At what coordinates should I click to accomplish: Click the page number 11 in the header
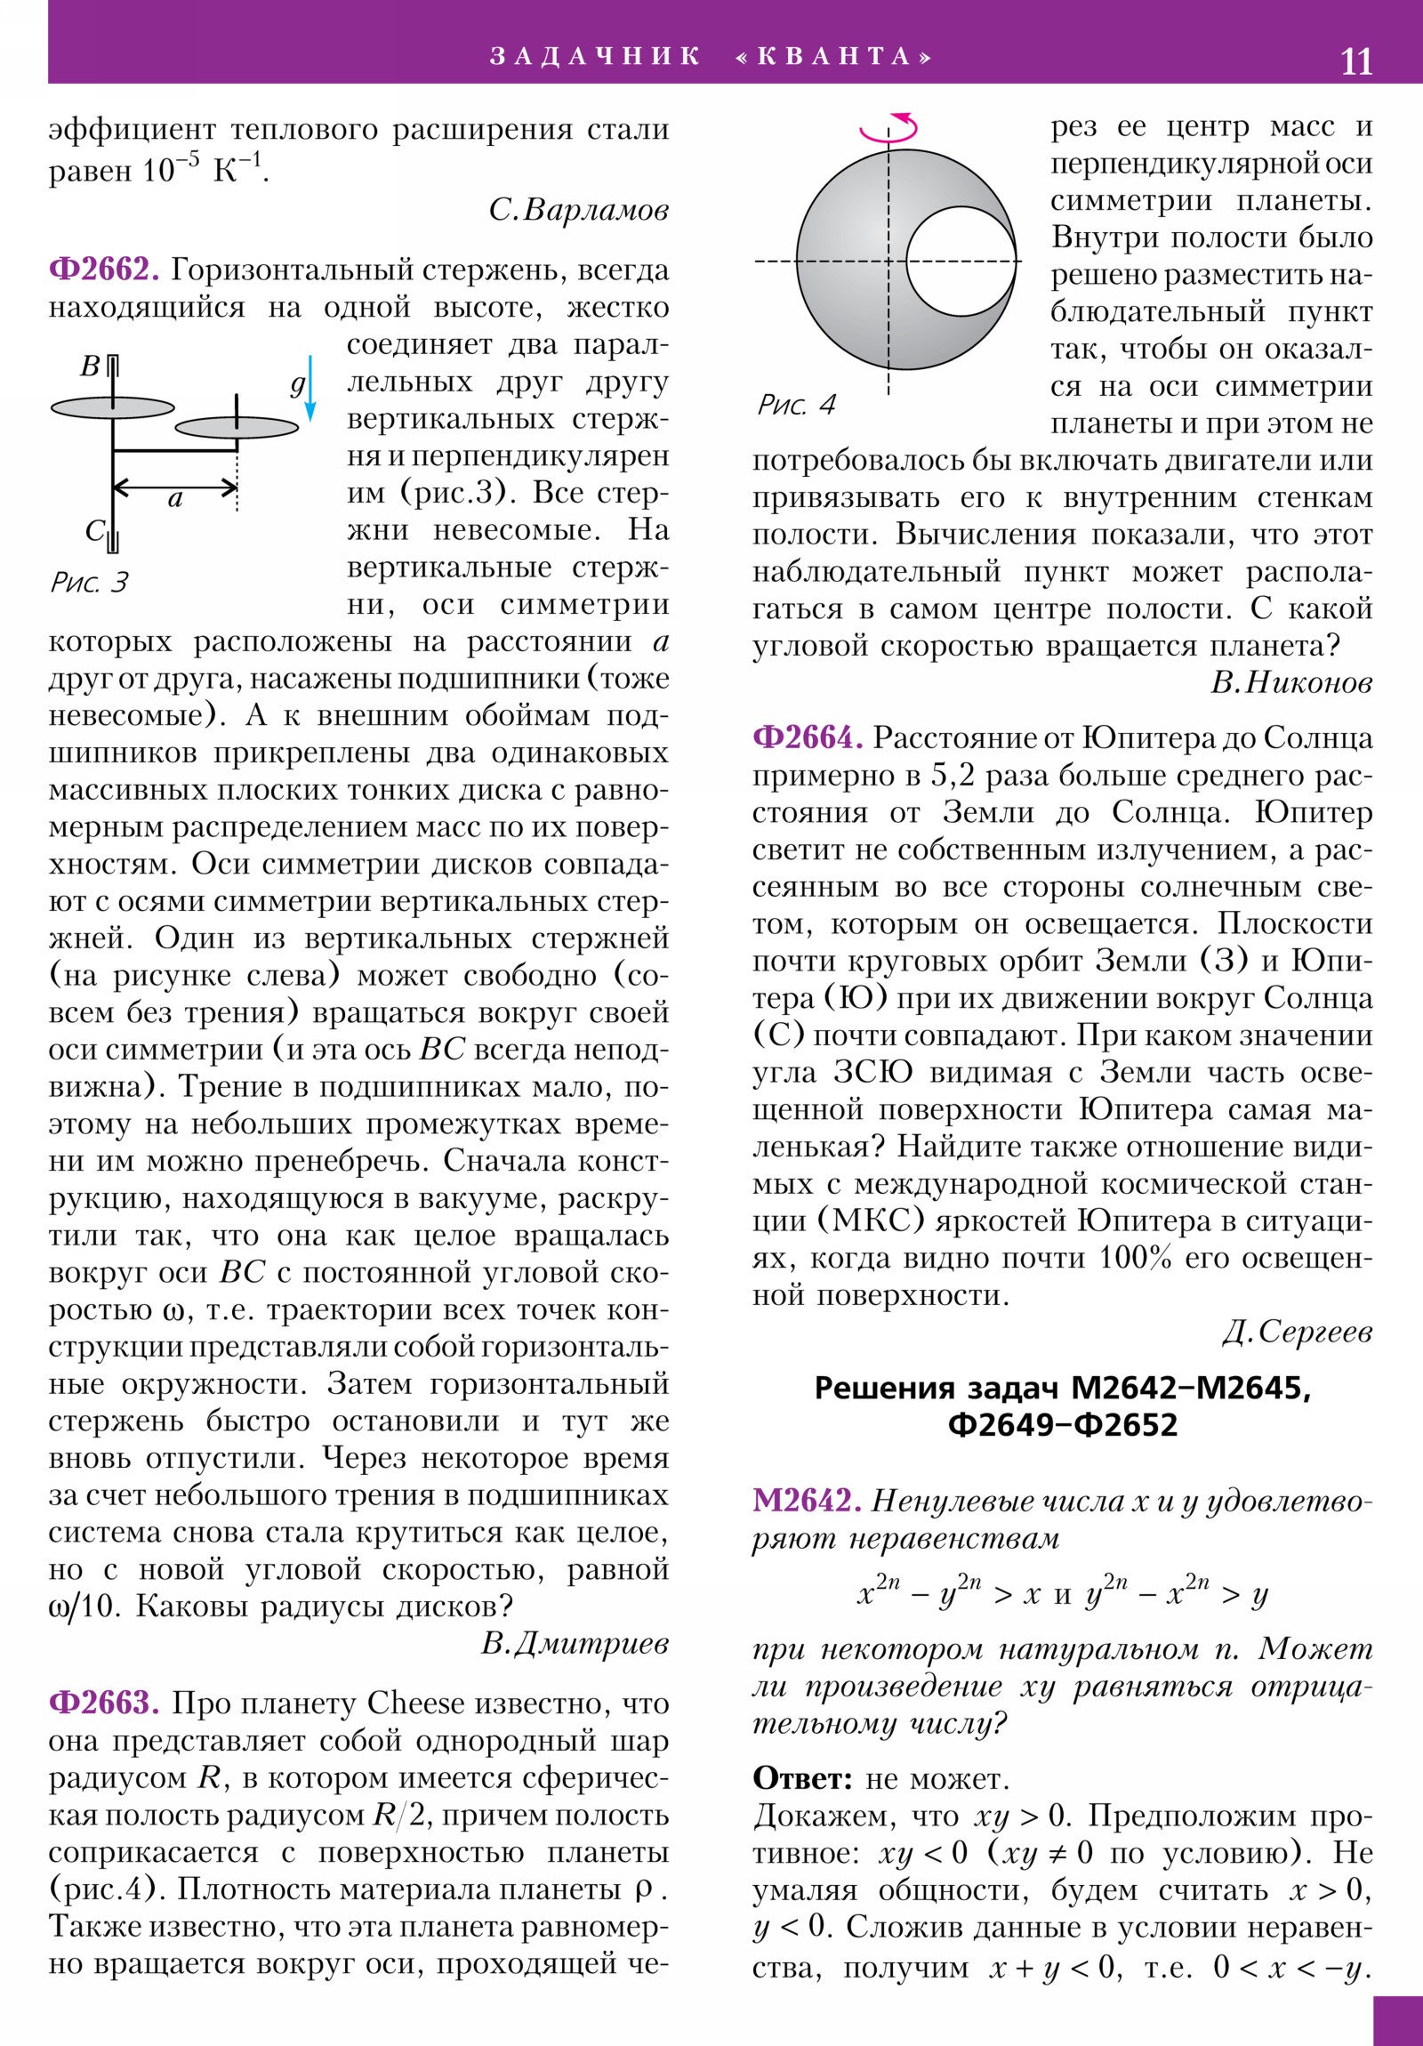[x=1356, y=61]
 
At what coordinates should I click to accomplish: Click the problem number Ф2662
[x=103, y=270]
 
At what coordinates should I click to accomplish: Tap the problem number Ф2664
[x=808, y=737]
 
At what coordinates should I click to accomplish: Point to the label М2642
[x=807, y=1501]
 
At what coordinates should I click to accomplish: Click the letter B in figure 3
[x=90, y=367]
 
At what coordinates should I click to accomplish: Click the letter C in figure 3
[x=94, y=531]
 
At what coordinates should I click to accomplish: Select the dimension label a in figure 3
[x=174, y=499]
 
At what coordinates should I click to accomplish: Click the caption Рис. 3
[x=89, y=583]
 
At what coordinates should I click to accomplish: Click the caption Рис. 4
[x=796, y=406]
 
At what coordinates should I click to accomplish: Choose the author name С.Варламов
[x=578, y=210]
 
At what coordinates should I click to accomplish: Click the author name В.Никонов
[x=1291, y=682]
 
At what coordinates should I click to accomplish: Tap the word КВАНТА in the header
[x=834, y=57]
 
